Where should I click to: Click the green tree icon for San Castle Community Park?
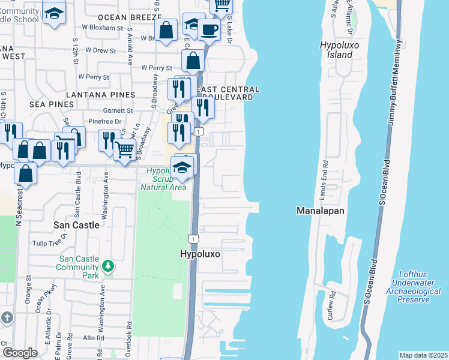pyautogui.click(x=107, y=265)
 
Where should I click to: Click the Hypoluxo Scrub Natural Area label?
pyautogui.click(x=163, y=179)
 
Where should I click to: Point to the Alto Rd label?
pyautogui.click(x=94, y=338)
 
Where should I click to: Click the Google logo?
pyautogui.click(x=19, y=352)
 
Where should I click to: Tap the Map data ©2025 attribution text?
pyautogui.click(x=423, y=355)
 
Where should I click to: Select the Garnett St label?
pyautogui.click(x=117, y=110)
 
